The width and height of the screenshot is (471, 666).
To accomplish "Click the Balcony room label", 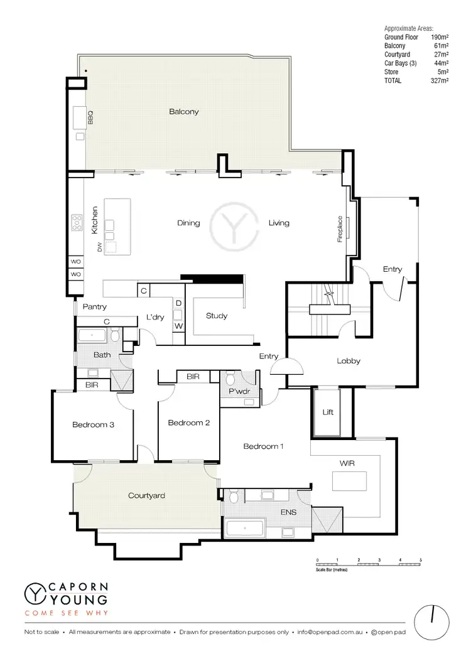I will tap(183, 112).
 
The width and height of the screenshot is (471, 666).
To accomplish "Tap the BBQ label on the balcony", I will tap(90, 117).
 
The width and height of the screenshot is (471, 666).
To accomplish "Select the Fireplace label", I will tap(340, 230).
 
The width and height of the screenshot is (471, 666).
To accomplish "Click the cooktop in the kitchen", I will tap(78, 222).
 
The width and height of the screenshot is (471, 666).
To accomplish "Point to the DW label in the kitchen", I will tap(99, 247).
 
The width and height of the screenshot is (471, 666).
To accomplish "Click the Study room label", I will tap(217, 316).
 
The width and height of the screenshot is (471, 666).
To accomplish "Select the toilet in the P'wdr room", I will tap(230, 380).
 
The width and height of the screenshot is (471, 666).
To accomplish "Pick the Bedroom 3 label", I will tap(93, 425).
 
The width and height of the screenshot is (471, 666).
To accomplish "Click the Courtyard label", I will tap(146, 495).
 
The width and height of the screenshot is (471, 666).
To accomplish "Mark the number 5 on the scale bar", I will tap(420, 559).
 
